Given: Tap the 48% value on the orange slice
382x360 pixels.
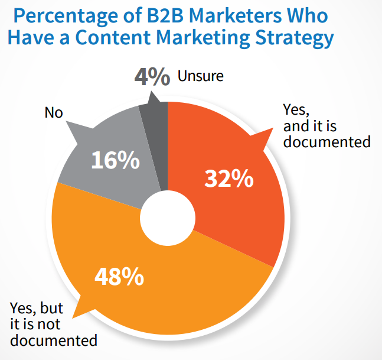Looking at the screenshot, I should [117, 275].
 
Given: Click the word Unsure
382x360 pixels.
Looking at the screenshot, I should [200, 77].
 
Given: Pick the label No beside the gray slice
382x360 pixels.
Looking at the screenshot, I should [53, 112].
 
